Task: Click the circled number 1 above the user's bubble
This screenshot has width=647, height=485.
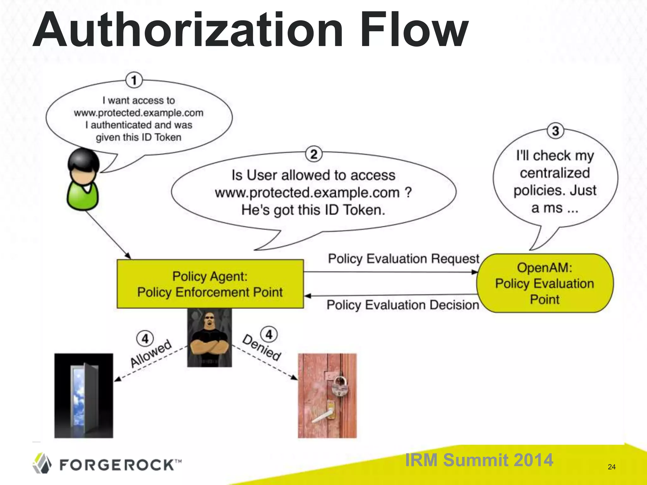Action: point(134,80)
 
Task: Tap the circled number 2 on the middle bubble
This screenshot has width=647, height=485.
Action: point(314,154)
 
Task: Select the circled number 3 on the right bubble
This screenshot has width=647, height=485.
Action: point(555,131)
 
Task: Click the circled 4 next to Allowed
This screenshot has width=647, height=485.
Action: point(145,338)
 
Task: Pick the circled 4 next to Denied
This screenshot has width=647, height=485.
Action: point(269,334)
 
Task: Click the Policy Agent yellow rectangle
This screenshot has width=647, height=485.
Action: point(210,284)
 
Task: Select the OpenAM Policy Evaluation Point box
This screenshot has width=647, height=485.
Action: point(545,283)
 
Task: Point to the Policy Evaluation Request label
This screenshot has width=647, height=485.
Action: point(403,259)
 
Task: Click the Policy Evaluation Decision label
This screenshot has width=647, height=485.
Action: point(403,305)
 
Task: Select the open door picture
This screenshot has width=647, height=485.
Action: point(84,395)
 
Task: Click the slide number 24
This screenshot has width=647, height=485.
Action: point(612,467)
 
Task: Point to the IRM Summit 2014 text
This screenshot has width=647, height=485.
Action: point(479,460)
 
